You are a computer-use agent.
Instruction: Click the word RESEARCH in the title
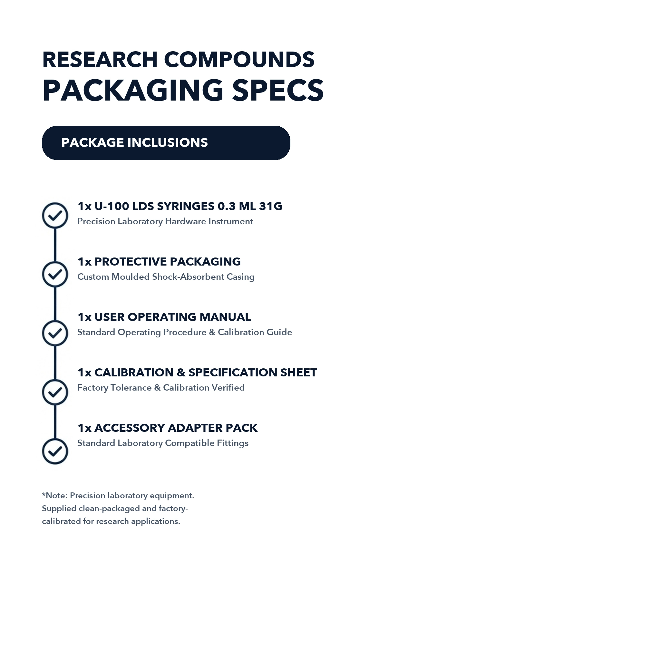click(x=100, y=60)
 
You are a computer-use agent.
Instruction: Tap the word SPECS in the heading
click(x=278, y=91)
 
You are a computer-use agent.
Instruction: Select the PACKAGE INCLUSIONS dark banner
click(x=166, y=143)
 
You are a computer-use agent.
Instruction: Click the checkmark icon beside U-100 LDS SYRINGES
click(x=55, y=216)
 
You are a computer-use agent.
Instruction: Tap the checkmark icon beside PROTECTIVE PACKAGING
click(x=55, y=274)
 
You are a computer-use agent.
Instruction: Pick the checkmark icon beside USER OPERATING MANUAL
click(x=55, y=333)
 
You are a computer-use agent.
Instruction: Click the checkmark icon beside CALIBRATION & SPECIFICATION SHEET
click(x=55, y=392)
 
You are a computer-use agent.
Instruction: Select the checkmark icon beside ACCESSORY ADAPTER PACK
click(x=55, y=451)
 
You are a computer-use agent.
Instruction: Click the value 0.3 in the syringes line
click(x=227, y=206)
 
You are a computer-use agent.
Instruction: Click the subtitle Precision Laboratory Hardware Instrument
click(x=165, y=222)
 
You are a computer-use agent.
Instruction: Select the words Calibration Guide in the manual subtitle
click(x=255, y=332)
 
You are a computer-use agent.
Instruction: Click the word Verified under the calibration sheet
click(x=228, y=388)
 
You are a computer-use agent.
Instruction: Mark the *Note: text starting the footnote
click(x=55, y=496)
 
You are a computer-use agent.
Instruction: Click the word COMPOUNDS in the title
click(x=239, y=60)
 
